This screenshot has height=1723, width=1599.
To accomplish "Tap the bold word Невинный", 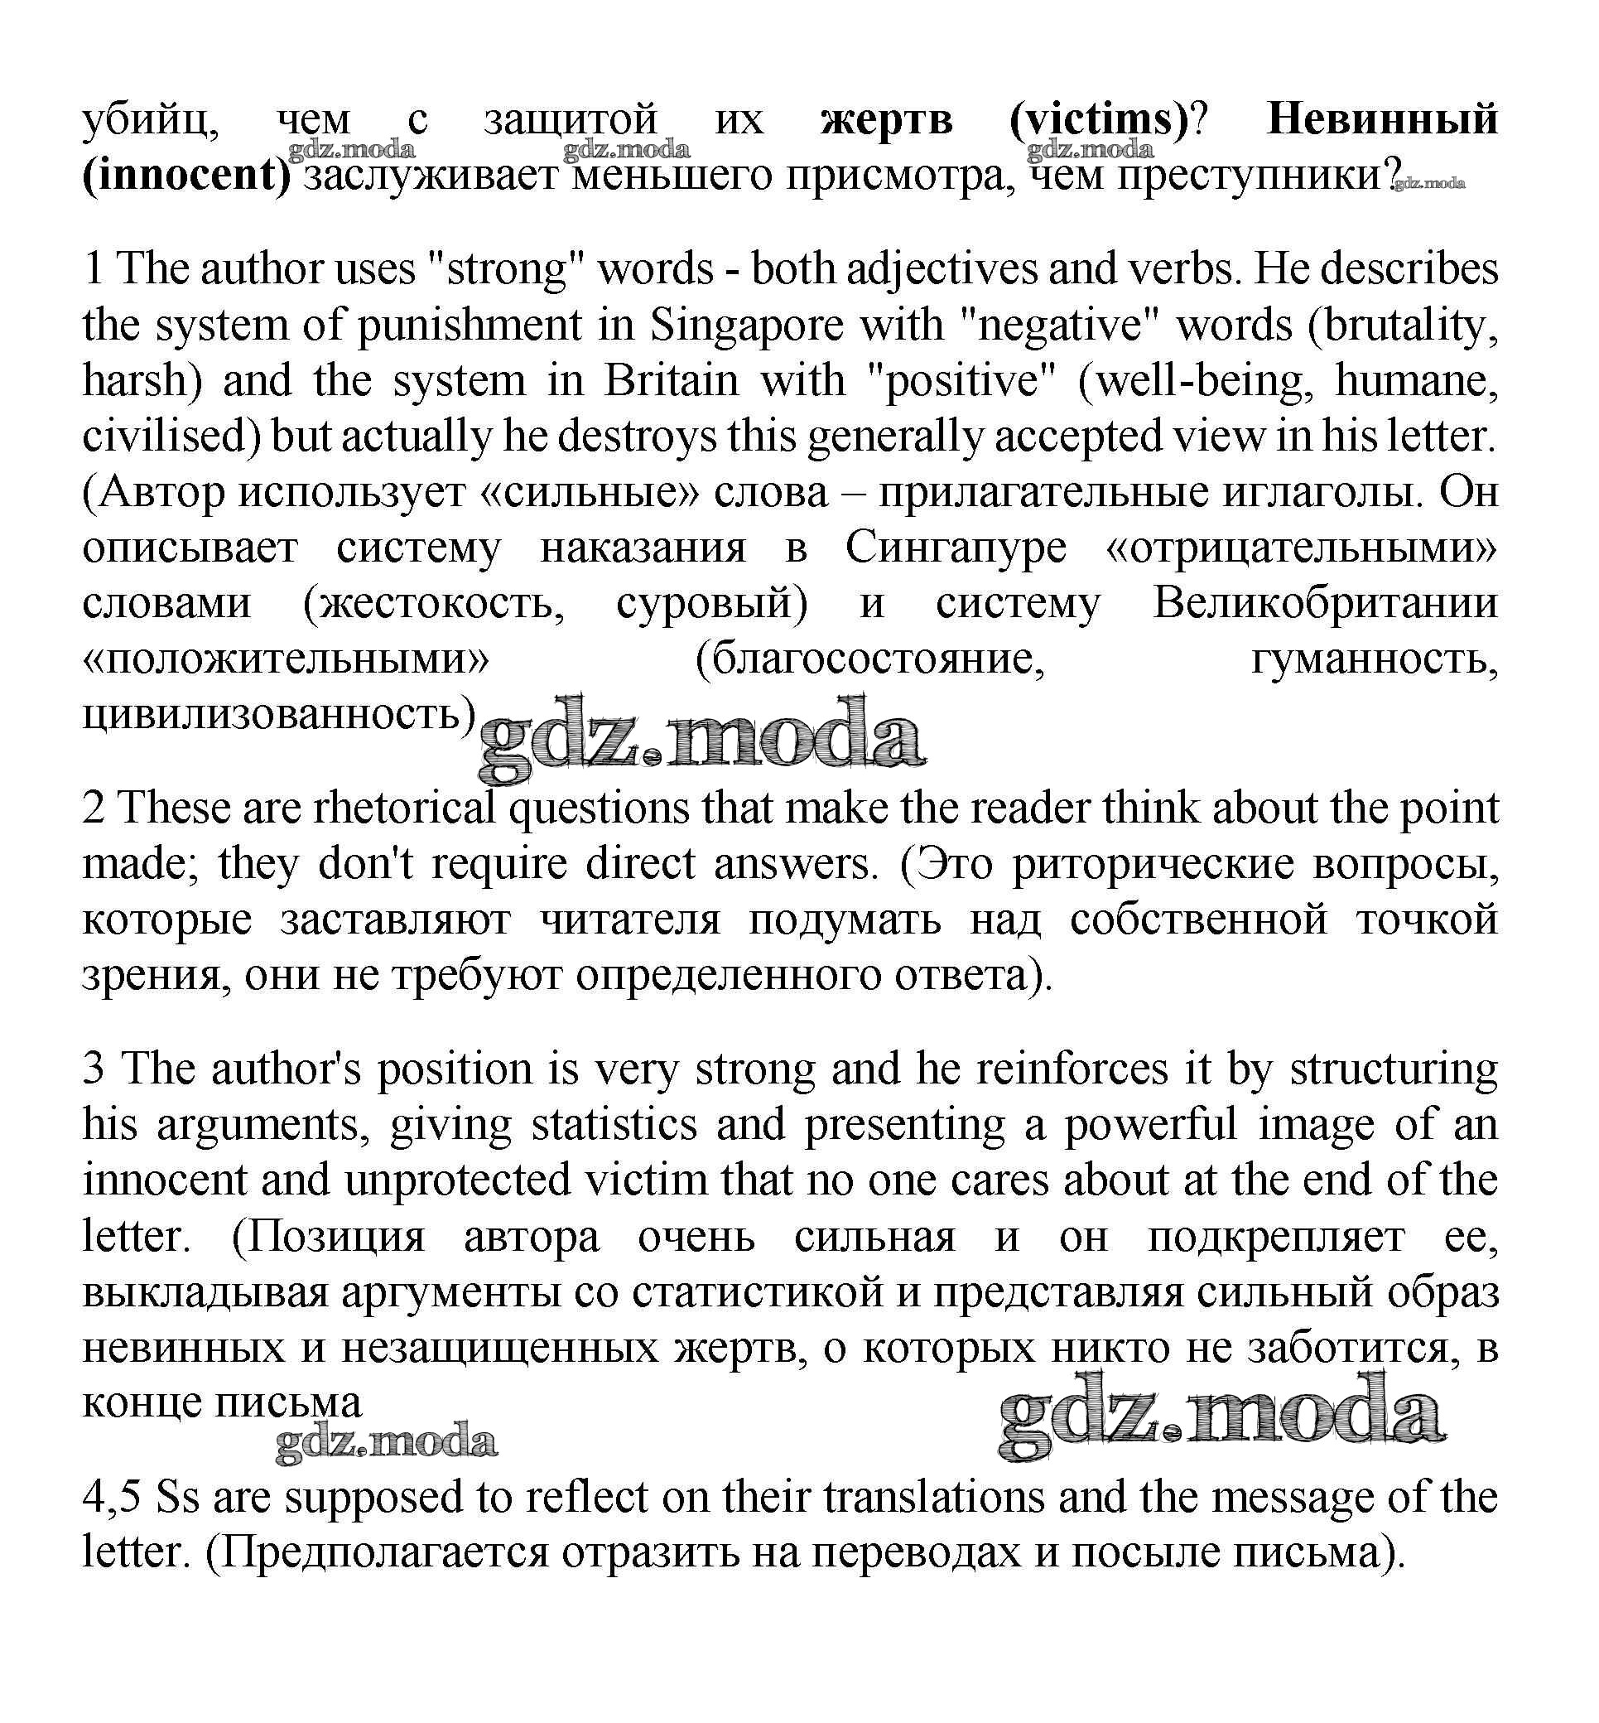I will (x=1381, y=119).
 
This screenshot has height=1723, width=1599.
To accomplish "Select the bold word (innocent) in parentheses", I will (x=186, y=176).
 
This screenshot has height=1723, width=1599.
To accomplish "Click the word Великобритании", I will (x=1325, y=603).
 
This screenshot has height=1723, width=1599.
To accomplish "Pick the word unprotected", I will (x=458, y=1180).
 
